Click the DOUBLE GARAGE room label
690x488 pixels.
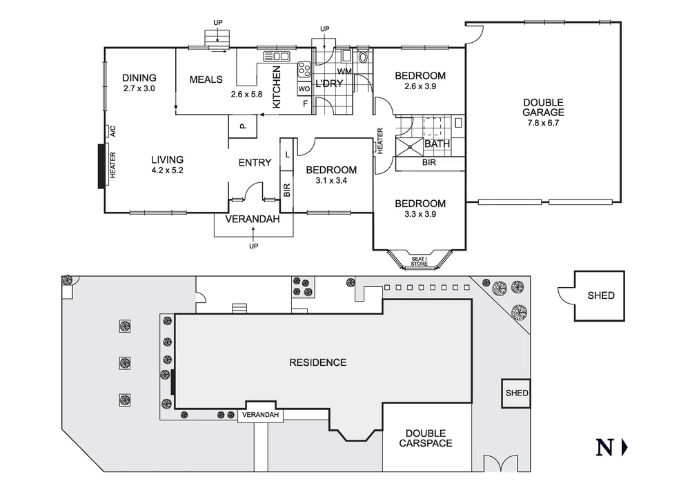[543, 107]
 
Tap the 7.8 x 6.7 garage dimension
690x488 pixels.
[543, 124]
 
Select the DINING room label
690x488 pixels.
[139, 78]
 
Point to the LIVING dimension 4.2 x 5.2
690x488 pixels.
[168, 170]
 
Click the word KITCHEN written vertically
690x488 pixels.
[277, 87]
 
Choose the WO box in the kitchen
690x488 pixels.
[304, 89]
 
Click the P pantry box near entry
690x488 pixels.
[242, 126]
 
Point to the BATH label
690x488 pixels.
[437, 144]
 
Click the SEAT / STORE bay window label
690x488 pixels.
[420, 261]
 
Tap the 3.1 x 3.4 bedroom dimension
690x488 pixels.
[331, 182]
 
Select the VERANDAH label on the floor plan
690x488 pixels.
[254, 220]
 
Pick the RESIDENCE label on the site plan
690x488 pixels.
[317, 362]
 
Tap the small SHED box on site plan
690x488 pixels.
[516, 393]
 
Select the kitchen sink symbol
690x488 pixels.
[277, 56]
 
